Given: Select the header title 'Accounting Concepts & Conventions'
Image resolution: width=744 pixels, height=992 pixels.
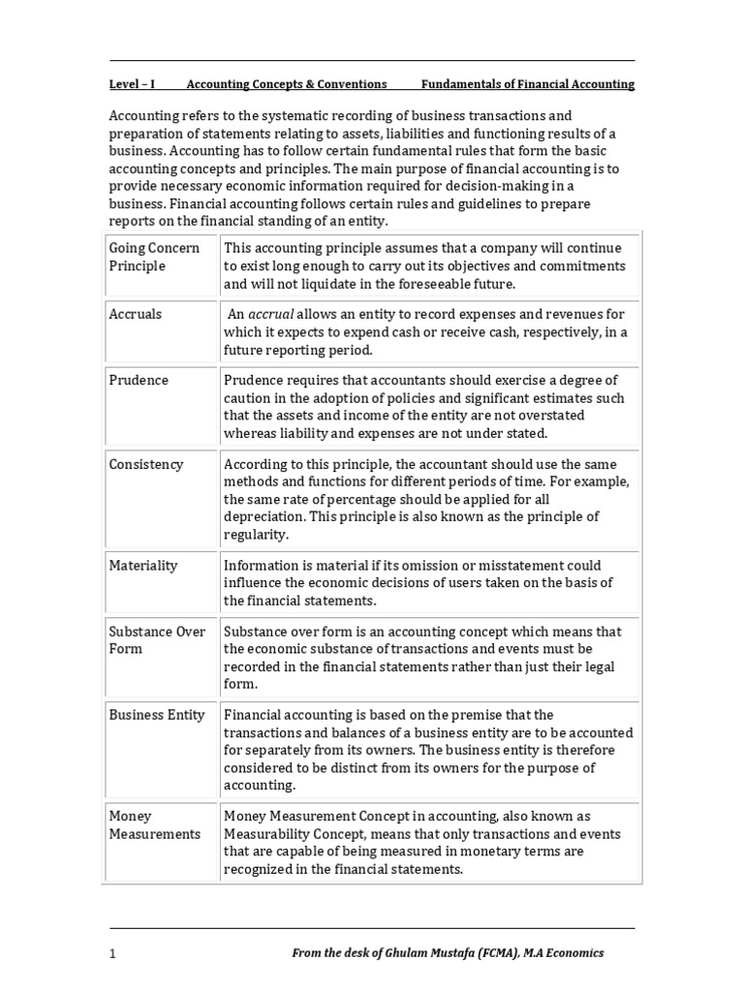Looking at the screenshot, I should click(286, 84).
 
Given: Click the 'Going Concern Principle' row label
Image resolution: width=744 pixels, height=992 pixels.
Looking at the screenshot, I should click(154, 257).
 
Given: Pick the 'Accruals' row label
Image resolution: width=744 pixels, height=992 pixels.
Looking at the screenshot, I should click(136, 314).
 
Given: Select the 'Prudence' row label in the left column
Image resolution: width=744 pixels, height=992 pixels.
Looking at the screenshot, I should click(139, 380).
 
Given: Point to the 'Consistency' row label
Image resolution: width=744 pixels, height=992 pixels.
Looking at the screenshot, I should click(146, 464).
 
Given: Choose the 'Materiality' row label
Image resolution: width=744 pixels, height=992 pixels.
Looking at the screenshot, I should click(143, 565).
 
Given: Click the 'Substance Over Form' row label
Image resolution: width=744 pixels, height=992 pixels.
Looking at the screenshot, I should click(157, 639).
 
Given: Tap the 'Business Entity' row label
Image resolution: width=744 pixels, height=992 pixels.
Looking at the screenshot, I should click(157, 715).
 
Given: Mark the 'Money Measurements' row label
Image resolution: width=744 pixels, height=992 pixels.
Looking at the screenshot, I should click(155, 824).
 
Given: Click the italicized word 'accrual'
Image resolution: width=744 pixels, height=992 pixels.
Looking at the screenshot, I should click(270, 314).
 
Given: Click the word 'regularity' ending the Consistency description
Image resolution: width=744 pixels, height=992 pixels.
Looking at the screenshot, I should click(255, 535).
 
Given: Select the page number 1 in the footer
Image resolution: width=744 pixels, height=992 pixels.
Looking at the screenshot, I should click(112, 953).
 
